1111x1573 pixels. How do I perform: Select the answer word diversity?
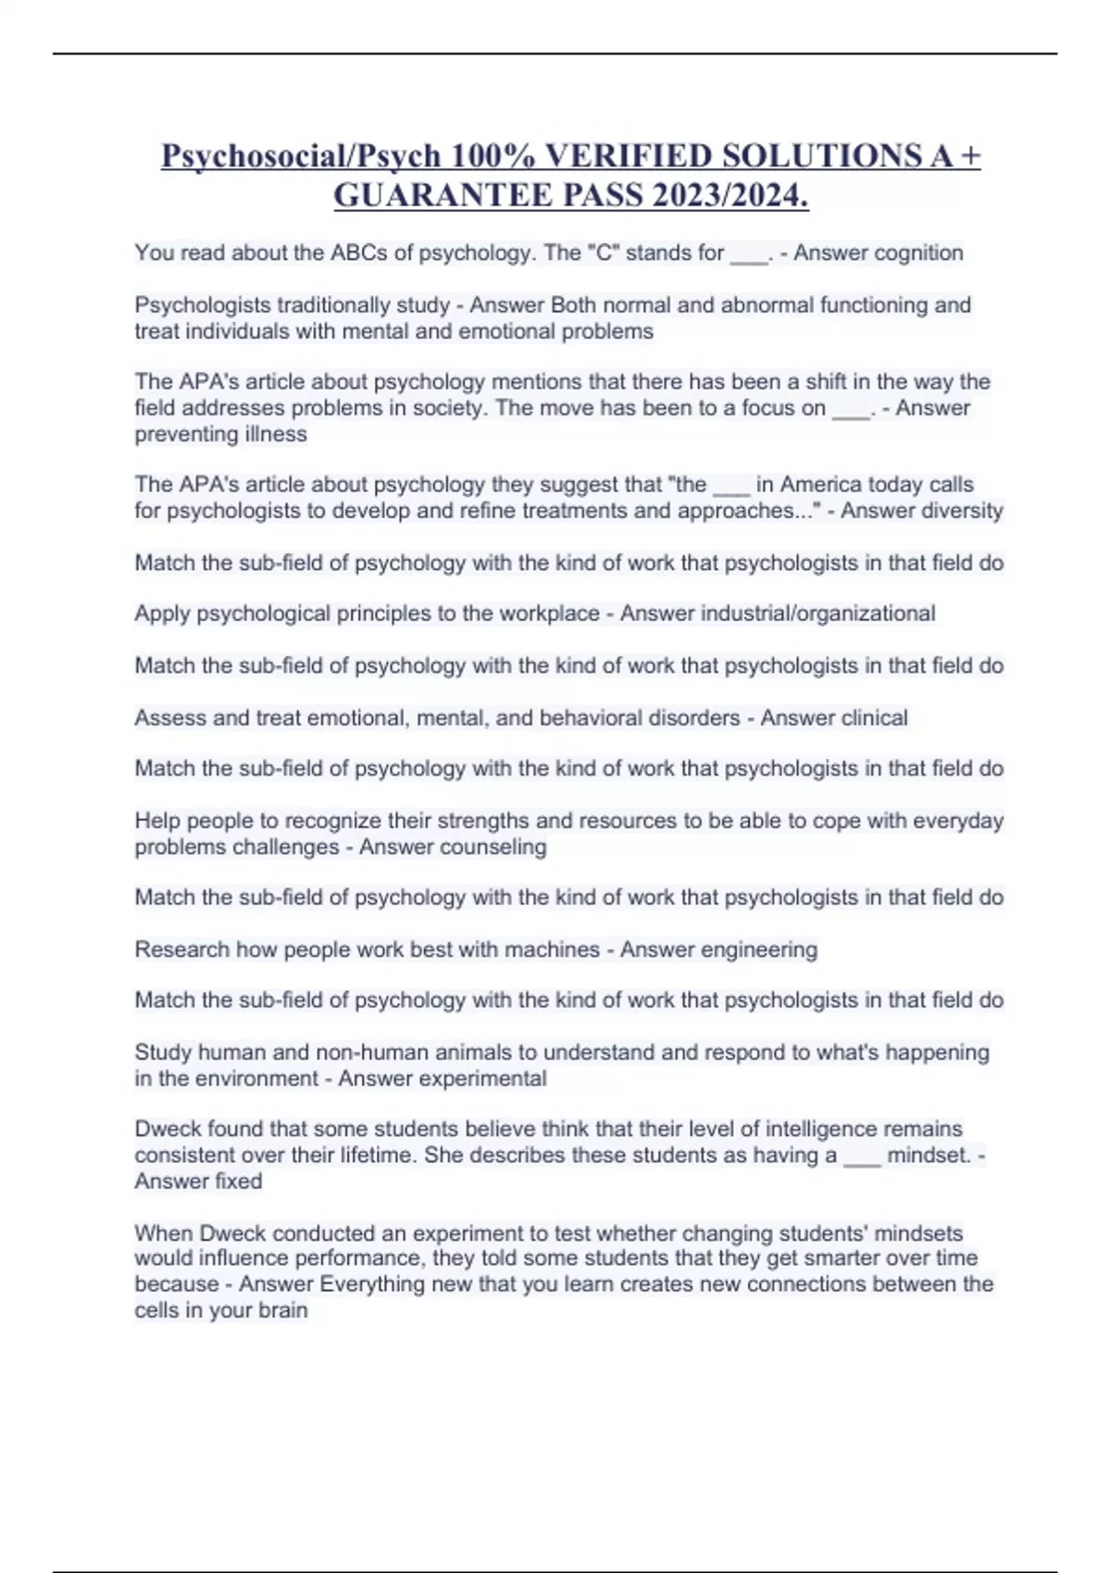(x=957, y=511)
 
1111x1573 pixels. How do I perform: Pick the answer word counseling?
(x=496, y=847)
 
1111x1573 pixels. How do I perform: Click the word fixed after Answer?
(x=237, y=1181)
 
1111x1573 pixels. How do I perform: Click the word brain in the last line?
(x=283, y=1310)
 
